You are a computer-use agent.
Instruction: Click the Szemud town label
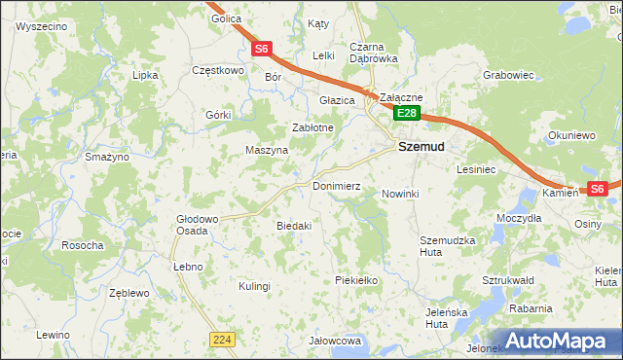pyautogui.click(x=421, y=147)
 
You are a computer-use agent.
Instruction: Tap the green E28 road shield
pyautogui.click(x=406, y=114)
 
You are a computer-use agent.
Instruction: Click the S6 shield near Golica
pyautogui.click(x=261, y=48)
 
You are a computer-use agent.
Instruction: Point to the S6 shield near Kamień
pyautogui.click(x=597, y=189)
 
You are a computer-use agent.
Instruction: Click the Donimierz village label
pyautogui.click(x=337, y=185)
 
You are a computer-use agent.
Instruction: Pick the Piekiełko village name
pyautogui.click(x=355, y=280)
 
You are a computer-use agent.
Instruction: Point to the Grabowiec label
pyautogui.click(x=508, y=74)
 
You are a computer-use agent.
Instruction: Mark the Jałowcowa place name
pyautogui.click(x=335, y=342)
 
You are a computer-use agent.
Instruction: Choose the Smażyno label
pyautogui.click(x=107, y=157)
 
